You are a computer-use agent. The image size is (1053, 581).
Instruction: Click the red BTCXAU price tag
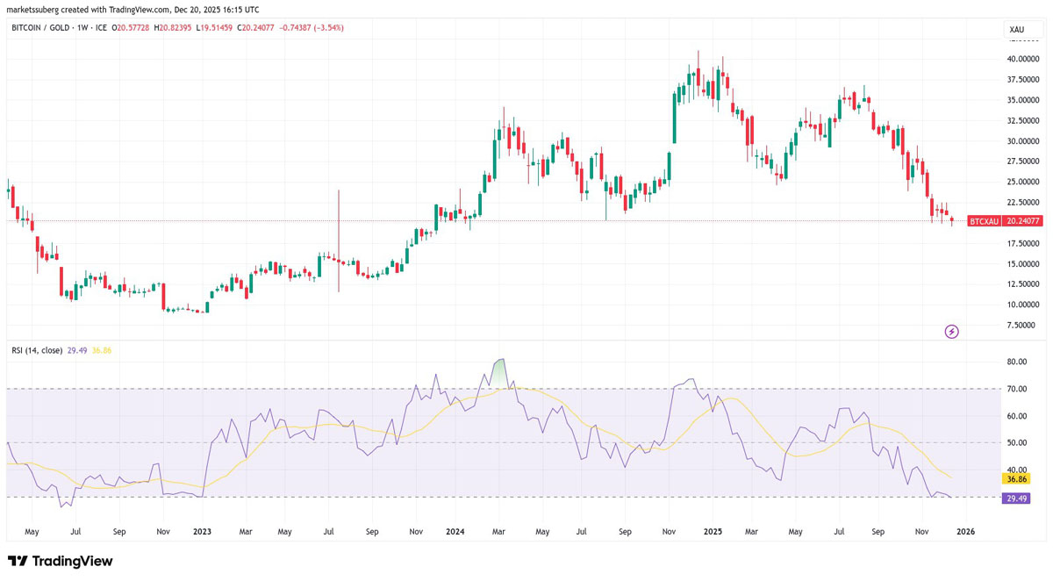(985, 221)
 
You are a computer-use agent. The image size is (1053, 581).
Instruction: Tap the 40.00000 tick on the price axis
(1023, 59)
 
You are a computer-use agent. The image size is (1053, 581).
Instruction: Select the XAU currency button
(1017, 30)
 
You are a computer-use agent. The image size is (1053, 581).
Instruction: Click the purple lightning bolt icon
(952, 332)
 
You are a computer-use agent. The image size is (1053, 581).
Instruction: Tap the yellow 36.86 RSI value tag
(1016, 479)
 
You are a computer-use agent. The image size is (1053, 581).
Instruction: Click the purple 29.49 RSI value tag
(1016, 499)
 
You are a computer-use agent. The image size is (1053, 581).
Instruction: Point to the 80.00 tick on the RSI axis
(1017, 362)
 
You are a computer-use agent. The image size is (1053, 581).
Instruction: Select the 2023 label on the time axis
(202, 532)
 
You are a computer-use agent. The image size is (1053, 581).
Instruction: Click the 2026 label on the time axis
(966, 532)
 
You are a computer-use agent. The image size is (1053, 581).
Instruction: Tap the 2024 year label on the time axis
(455, 532)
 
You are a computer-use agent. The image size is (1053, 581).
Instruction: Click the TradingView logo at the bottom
(61, 562)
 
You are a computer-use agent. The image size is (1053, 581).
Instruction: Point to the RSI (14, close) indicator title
(37, 350)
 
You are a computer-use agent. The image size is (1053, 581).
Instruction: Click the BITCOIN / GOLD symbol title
(40, 28)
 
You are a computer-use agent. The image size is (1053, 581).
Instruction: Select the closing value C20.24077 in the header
(255, 28)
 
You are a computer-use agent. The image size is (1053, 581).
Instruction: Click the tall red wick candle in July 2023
(339, 241)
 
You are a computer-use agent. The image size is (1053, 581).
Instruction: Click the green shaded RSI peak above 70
(500, 374)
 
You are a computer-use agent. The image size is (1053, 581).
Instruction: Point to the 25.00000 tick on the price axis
(1023, 182)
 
